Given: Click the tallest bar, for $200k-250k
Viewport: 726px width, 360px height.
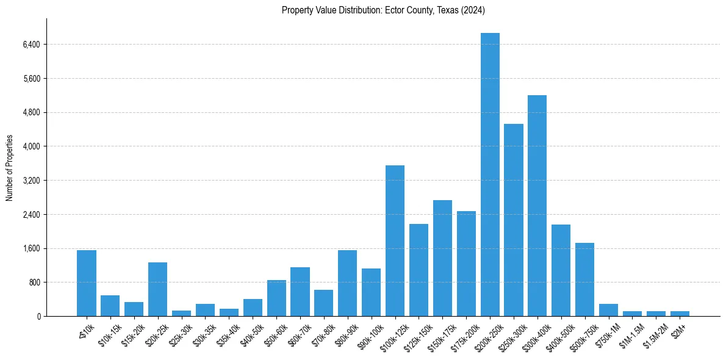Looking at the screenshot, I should pos(490,175).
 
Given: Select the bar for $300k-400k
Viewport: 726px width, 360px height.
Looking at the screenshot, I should pos(537,206).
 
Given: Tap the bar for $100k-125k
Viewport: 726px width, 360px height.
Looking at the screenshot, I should pos(395,240).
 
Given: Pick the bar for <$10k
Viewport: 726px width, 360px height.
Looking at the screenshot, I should pos(87,283).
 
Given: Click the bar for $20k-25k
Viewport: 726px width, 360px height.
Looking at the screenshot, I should pos(157,289).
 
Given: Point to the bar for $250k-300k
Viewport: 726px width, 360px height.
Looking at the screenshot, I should pos(514,220).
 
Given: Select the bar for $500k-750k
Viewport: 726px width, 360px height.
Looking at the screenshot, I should pos(584,279).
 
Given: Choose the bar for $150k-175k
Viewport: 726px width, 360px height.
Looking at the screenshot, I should pos(442,258).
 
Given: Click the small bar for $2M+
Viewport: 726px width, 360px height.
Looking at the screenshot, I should pos(680,314).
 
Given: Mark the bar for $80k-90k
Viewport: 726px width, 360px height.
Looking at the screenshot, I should pos(347,283).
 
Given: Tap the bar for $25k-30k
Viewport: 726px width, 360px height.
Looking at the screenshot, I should pos(181,314).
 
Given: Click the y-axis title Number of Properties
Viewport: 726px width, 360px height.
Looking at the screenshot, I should pos(9,168).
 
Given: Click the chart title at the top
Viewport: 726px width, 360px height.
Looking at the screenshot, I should pos(383,10).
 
